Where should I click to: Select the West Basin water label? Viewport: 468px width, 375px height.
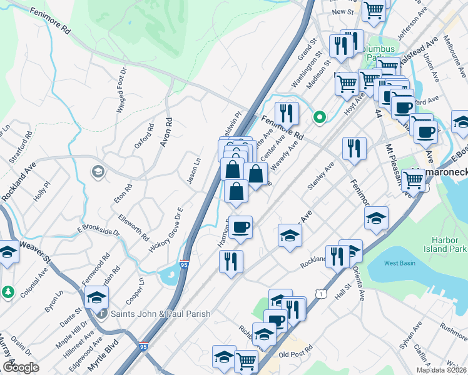point(399,263)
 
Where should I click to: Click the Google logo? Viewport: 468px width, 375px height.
point(21,367)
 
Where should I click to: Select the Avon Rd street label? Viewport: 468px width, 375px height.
point(166,132)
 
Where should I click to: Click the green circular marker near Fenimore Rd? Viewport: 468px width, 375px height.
point(320,117)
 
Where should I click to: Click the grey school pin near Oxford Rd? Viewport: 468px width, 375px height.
point(97,171)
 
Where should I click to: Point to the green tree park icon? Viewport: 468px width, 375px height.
point(8,292)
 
